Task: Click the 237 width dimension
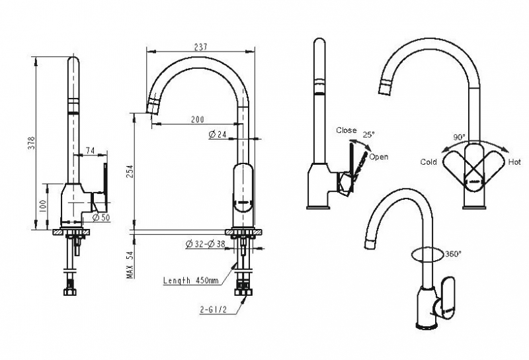pos(200,47)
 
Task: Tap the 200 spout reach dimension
pos(197,120)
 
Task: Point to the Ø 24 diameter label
pos(218,135)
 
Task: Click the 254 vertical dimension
pos(130,173)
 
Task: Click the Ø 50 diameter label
pos(101,217)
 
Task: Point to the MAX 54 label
pos(130,263)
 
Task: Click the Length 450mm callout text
pos(190,281)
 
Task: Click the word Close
pos(346,130)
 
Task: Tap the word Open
pos(379,157)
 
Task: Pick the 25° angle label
pos(369,134)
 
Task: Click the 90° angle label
pos(459,137)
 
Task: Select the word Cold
pos(428,162)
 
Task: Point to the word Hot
pos(514,162)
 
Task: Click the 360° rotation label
pos(453,253)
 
